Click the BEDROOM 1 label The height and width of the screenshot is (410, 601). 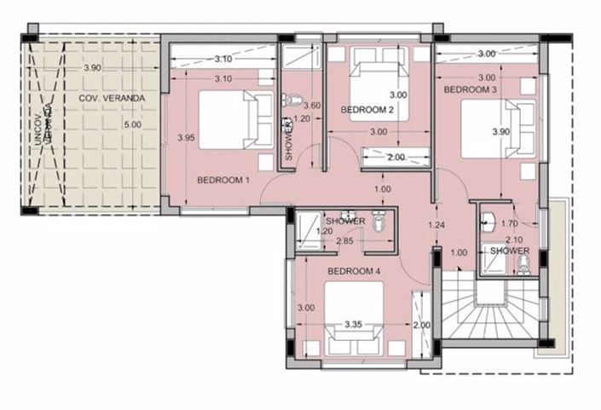223,180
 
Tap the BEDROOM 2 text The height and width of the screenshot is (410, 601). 367,110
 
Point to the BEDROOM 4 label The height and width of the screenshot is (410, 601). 355,271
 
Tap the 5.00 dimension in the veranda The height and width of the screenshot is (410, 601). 132,126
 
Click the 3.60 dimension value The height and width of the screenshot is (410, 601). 313,106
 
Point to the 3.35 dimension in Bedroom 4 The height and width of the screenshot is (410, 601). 354,324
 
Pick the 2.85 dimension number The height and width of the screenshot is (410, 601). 344,242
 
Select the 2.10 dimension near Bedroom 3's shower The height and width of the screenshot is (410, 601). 513,240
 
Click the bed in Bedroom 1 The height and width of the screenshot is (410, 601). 228,120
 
